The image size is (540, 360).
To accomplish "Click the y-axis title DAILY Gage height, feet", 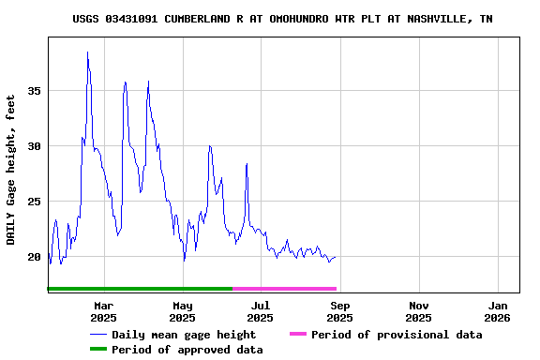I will (x=11, y=170).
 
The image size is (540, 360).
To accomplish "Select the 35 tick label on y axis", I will (x=35, y=91).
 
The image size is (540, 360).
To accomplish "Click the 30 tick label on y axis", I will (x=35, y=146).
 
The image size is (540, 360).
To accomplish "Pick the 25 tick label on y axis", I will (x=35, y=202).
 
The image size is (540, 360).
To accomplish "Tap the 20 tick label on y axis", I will (x=35, y=257).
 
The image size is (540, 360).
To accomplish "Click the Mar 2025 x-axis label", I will (x=103, y=311).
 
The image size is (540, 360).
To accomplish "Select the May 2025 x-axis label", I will (x=182, y=311).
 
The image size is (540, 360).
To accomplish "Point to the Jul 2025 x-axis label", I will (x=261, y=311).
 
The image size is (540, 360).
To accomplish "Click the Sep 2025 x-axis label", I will (x=340, y=311).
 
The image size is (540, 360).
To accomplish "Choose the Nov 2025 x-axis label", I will (x=419, y=311).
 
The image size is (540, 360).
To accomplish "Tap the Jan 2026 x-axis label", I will (x=498, y=311).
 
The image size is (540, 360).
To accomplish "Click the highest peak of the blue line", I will (x=87, y=52).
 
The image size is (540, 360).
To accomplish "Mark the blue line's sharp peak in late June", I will (x=247, y=164).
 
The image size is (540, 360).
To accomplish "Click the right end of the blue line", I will (x=336, y=257).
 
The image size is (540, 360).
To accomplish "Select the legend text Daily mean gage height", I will (x=184, y=335).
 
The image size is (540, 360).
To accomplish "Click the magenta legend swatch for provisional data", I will (x=298, y=335).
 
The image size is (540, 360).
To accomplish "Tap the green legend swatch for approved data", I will (x=98, y=350).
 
